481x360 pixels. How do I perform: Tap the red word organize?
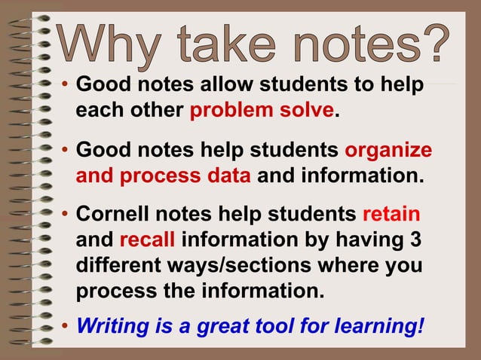pyautogui.click(x=388, y=150)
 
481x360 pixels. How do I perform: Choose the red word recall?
pyautogui.click(x=147, y=242)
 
